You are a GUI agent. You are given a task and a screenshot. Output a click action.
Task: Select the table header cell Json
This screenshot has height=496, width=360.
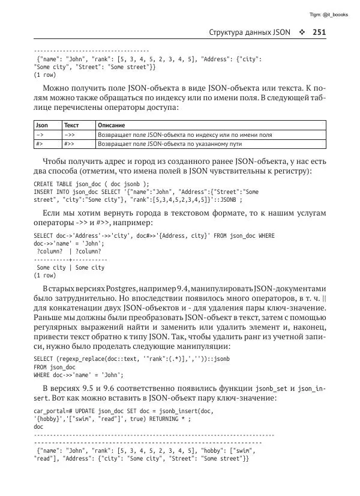[42, 126]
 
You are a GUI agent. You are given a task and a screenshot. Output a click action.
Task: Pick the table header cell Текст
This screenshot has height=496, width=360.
[71, 126]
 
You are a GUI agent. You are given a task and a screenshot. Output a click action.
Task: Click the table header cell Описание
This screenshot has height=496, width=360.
[111, 126]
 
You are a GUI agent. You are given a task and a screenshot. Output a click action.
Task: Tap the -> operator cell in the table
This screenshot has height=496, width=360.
[40, 135]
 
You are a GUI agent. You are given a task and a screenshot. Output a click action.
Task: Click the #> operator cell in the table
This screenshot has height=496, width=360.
[39, 144]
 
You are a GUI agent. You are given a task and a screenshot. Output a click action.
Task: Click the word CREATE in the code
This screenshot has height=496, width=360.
[43, 184]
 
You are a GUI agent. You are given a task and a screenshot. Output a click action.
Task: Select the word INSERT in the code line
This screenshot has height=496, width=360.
[43, 192]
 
